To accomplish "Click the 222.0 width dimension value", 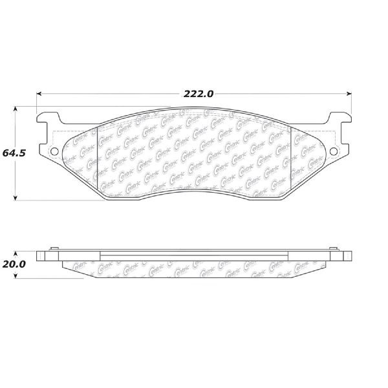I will [x=198, y=94].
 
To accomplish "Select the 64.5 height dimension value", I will [x=14, y=153].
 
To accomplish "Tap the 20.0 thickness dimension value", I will [x=14, y=264].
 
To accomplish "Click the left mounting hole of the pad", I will [x=54, y=153].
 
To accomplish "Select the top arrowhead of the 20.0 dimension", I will [x=16, y=253].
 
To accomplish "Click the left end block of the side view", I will [x=43, y=255].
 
